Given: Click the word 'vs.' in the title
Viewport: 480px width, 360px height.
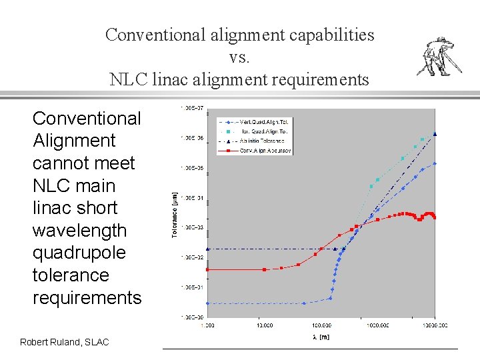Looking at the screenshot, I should coord(239,57).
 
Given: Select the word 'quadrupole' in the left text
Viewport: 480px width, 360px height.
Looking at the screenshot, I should coord(79,253).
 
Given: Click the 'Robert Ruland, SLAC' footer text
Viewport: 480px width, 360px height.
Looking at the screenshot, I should coord(64,342).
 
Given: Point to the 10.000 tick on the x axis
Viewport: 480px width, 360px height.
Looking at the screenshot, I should coord(264,325).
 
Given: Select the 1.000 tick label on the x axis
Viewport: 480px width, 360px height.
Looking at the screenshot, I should coord(207,325).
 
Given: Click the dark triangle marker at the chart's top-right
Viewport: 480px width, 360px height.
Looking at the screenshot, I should coord(435,134).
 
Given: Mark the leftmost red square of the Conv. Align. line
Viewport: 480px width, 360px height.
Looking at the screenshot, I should coord(207,269).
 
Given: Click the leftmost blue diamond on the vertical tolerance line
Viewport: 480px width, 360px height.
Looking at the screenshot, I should coord(207,303).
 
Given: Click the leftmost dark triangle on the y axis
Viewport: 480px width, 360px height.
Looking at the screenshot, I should coord(207,249).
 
